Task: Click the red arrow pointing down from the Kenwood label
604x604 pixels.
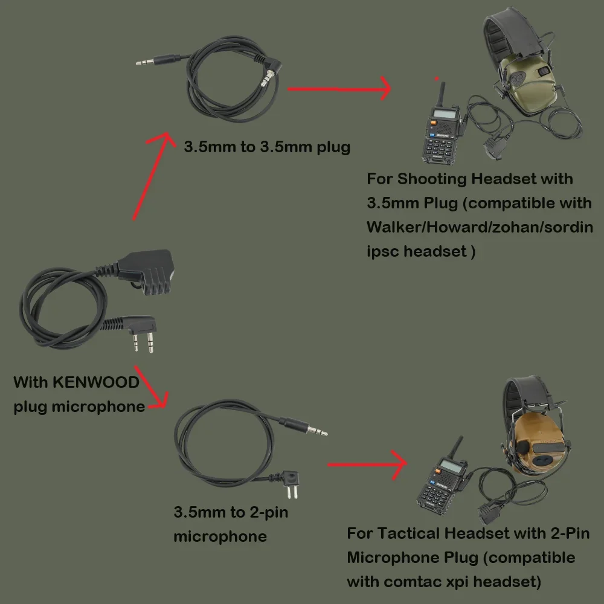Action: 151,390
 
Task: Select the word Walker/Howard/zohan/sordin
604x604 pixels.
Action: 480,227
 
